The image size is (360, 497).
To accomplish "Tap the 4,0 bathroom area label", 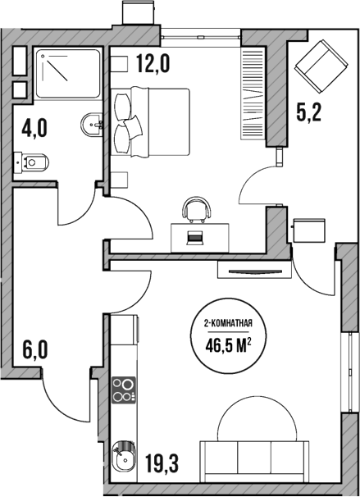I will tap(35, 130).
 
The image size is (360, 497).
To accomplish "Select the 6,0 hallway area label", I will tap(34, 352).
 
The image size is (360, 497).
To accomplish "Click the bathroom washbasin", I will tap(90, 125).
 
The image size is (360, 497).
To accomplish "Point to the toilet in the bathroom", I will tap(33, 162).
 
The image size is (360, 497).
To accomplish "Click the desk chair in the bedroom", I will tap(196, 209).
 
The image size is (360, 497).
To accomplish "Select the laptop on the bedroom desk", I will tap(196, 238).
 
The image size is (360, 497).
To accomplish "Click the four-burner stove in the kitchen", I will tap(123, 390).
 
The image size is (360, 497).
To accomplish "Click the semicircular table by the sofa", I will tap(256, 418).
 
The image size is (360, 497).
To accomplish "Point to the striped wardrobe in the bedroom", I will tap(251, 95).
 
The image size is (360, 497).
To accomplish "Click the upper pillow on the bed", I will tap(125, 104).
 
